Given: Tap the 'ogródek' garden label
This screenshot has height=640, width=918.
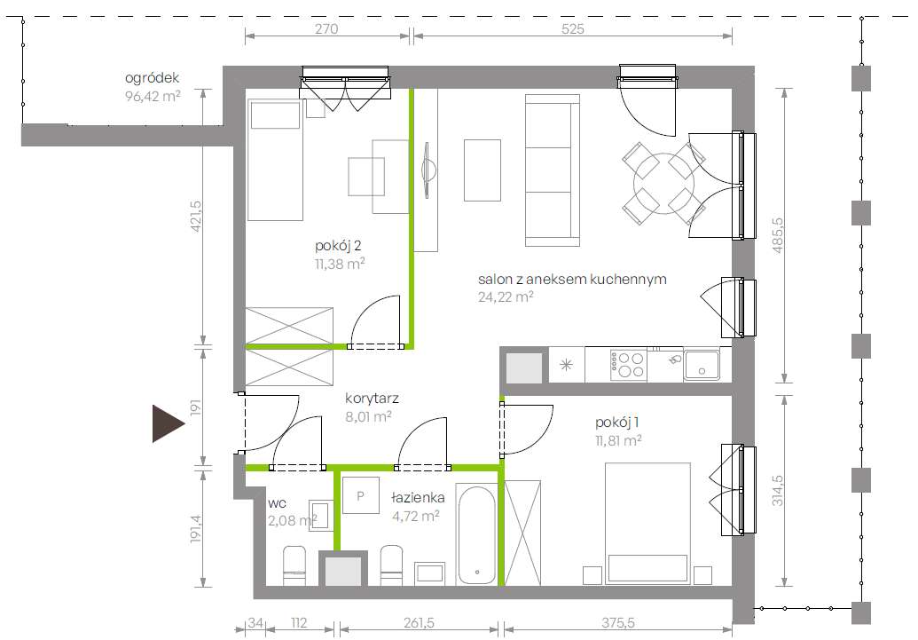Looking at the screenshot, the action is [152, 78].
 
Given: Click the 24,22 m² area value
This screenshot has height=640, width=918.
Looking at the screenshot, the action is [506, 297].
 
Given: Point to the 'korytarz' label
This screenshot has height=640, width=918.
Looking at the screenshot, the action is [372, 399].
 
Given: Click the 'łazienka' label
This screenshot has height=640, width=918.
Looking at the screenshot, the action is [418, 498].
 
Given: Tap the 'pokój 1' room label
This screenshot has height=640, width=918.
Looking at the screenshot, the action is [617, 422].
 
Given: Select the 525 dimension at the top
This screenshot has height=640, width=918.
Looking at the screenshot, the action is [573, 28].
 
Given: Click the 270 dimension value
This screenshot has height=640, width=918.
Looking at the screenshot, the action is [326, 28].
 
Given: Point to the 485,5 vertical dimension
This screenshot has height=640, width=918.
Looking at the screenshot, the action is [778, 235].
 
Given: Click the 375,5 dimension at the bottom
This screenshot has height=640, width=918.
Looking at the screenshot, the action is [617, 623].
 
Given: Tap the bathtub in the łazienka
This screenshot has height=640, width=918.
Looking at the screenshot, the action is [476, 533].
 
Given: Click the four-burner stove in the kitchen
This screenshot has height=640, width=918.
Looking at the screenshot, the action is [627, 365].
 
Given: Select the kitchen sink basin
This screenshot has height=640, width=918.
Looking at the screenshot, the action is [702, 365].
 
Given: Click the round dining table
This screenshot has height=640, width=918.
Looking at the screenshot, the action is [664, 184].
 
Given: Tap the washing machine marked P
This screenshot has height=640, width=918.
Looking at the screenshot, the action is [361, 496].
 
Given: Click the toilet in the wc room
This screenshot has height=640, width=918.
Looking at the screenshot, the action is [294, 565].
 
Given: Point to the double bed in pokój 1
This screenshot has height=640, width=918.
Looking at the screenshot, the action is [647, 524].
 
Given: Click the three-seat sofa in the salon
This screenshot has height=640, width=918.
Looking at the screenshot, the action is [552, 170].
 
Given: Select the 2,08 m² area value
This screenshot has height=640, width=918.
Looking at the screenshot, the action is [292, 520].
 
